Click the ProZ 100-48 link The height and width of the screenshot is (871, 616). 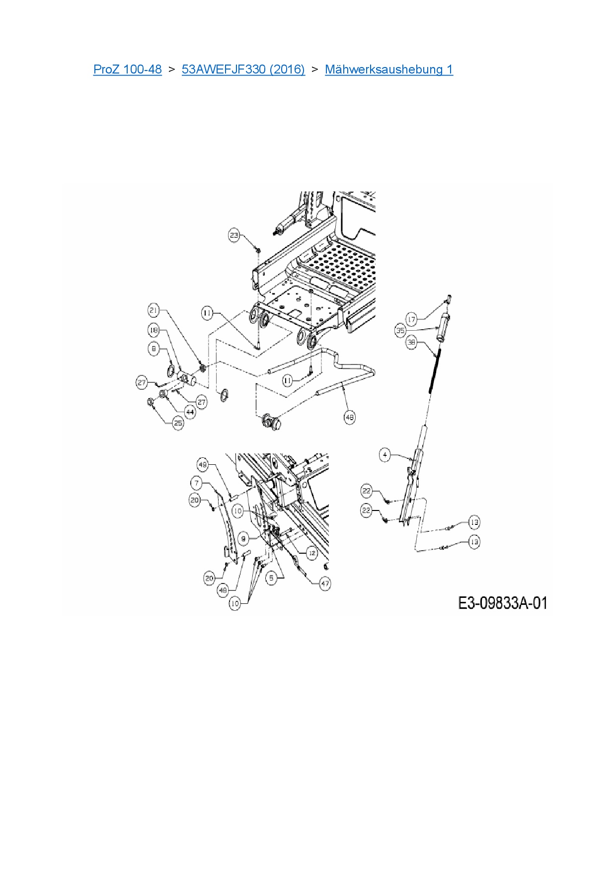click(127, 69)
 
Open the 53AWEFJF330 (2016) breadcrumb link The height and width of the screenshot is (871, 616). click(243, 69)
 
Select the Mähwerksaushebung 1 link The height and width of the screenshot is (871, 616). click(388, 69)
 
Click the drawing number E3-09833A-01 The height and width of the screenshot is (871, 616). click(502, 603)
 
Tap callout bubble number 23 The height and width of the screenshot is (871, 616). click(234, 235)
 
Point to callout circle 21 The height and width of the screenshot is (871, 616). click(154, 311)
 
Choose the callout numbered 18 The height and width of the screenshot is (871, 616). click(154, 330)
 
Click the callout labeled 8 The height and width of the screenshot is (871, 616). click(154, 349)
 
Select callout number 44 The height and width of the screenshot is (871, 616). click(190, 412)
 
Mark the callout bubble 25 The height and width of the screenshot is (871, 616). click(178, 423)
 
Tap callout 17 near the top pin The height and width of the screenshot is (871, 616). click(411, 319)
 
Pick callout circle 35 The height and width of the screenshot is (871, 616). click(400, 330)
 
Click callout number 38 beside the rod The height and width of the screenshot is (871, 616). click(411, 342)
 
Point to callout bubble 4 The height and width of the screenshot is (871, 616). click(385, 454)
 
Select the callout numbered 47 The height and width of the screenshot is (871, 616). click(325, 584)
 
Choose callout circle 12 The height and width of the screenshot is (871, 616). click(311, 553)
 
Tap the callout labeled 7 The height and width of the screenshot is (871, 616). click(197, 483)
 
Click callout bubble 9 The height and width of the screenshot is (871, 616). click(243, 538)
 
